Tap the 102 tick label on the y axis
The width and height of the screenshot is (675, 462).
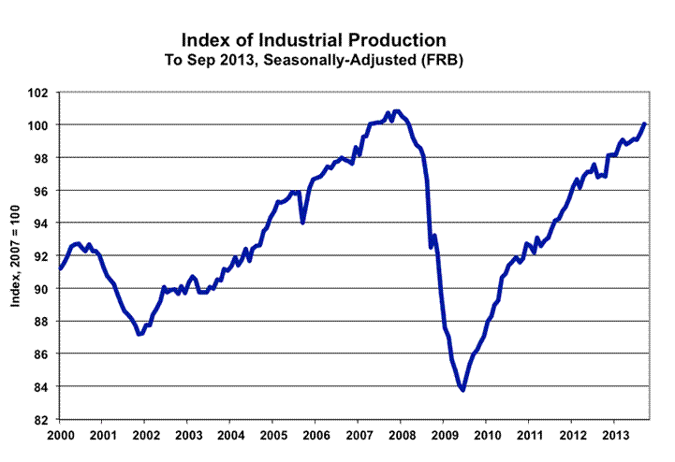click(41, 93)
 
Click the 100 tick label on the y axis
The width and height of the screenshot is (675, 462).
click(41, 125)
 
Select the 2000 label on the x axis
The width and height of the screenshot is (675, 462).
click(60, 436)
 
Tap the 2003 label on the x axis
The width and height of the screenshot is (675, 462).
click(188, 436)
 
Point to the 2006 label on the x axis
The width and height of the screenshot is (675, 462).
click(316, 436)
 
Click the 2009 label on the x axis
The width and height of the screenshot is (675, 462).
click(445, 436)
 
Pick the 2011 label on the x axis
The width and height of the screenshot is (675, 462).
click(530, 436)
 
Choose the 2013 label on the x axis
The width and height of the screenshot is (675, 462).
click(615, 436)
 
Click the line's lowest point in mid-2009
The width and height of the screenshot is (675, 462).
click(462, 390)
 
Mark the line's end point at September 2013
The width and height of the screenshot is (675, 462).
click(645, 123)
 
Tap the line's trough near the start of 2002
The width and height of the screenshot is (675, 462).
click(139, 334)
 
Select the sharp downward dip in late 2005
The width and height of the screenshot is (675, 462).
click(302, 223)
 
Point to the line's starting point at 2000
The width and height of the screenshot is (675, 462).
click(60, 268)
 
